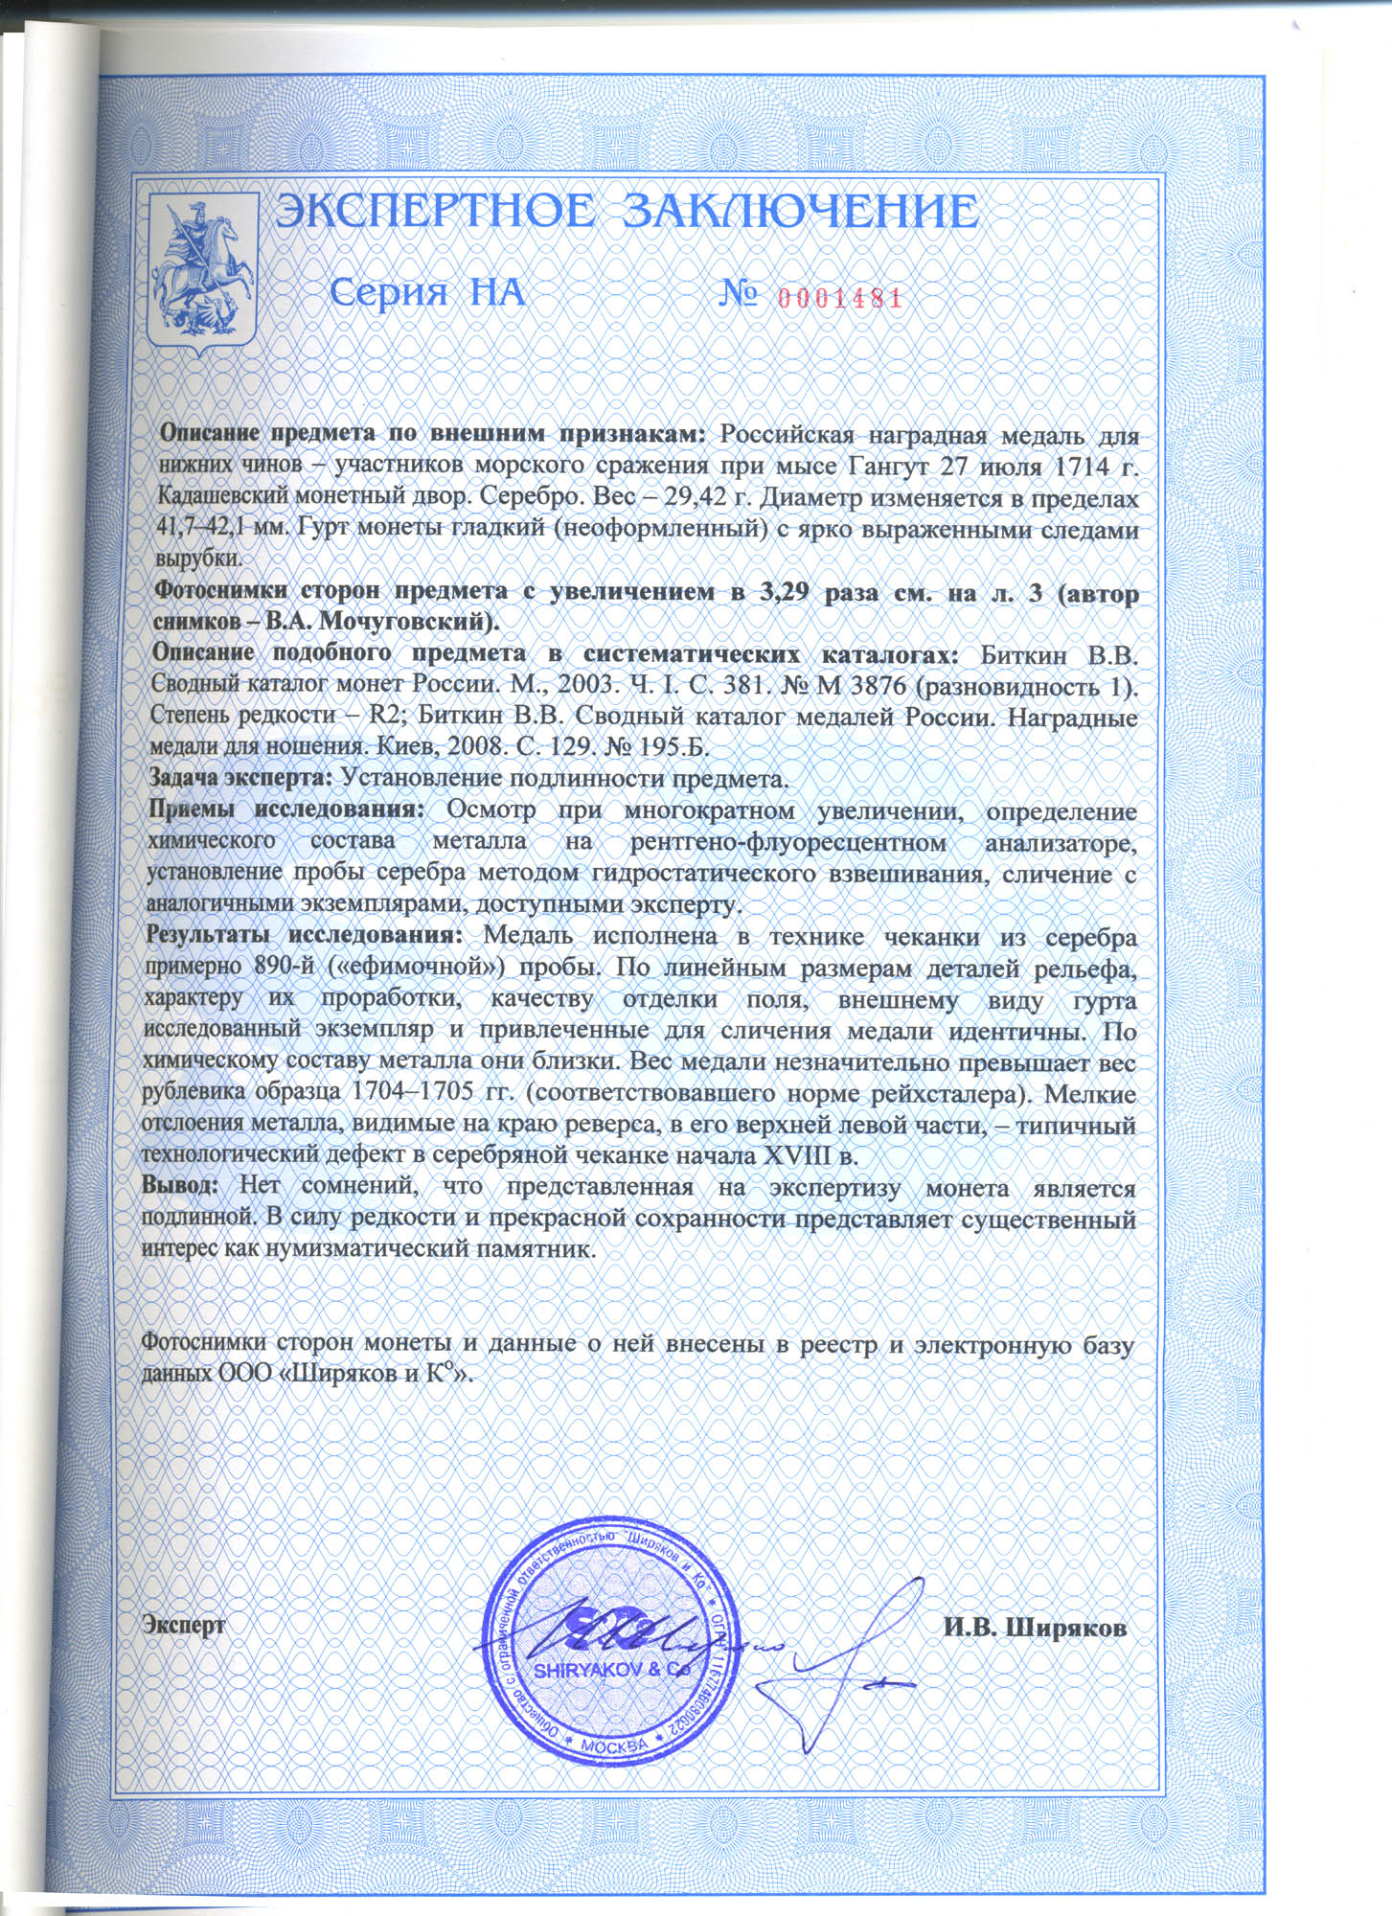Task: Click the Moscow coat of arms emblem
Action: point(202,271)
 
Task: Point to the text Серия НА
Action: point(428,292)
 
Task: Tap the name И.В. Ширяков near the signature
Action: point(1035,1627)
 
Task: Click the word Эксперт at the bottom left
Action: point(184,1624)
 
